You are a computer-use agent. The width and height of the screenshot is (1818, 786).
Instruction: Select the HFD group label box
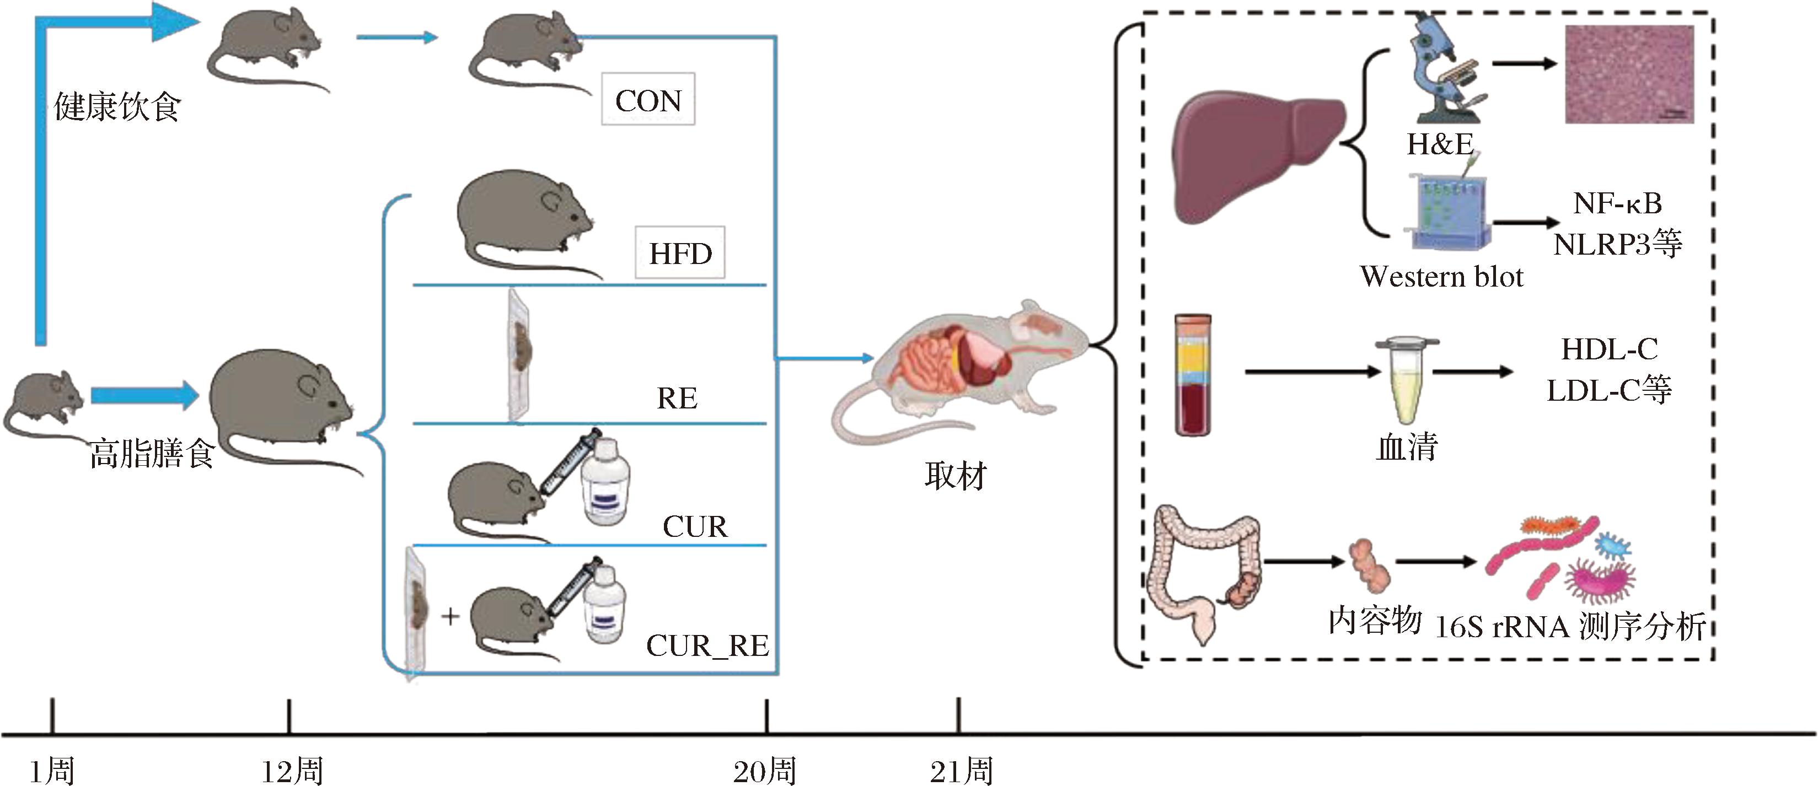coord(680,252)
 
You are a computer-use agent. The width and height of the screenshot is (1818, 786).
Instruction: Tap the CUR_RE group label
coord(707,645)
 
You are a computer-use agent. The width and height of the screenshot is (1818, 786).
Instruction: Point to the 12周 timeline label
coord(292,771)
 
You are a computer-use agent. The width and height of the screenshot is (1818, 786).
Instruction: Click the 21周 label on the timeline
coord(961,771)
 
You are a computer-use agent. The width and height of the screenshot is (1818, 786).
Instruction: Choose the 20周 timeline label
coord(764,771)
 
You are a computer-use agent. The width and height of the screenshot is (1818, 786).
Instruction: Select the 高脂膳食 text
coord(152,454)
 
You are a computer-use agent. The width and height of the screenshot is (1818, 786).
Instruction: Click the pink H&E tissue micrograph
coord(1629,74)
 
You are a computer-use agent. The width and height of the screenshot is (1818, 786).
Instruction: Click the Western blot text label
coord(1441,276)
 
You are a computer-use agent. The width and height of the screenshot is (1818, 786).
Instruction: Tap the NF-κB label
coord(1617,203)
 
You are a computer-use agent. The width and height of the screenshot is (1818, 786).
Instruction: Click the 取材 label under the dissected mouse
coord(955,476)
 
